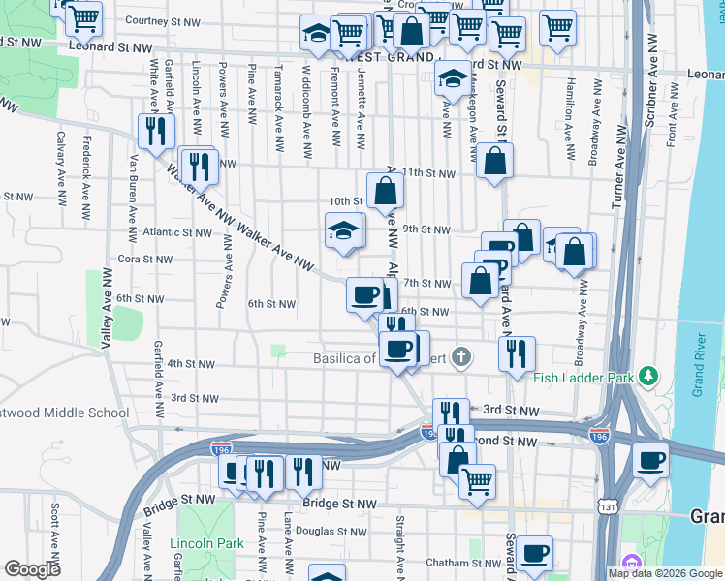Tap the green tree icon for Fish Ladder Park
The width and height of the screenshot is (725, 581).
pos(652,375)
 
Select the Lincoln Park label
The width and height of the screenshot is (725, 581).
pos(206,543)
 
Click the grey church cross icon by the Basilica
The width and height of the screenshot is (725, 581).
pos(461,358)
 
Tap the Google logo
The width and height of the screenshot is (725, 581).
pos(32,569)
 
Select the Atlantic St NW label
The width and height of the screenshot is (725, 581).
pos(175,232)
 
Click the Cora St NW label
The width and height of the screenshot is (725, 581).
pos(144,260)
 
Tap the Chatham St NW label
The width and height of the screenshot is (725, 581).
pos(459,563)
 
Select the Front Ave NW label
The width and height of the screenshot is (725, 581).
pos(671,120)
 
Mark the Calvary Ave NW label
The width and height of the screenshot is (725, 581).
pos(60,162)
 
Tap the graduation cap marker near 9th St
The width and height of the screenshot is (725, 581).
pos(343,232)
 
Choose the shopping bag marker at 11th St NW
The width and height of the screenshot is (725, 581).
pos(494,161)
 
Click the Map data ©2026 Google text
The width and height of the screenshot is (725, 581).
pos(664,573)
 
